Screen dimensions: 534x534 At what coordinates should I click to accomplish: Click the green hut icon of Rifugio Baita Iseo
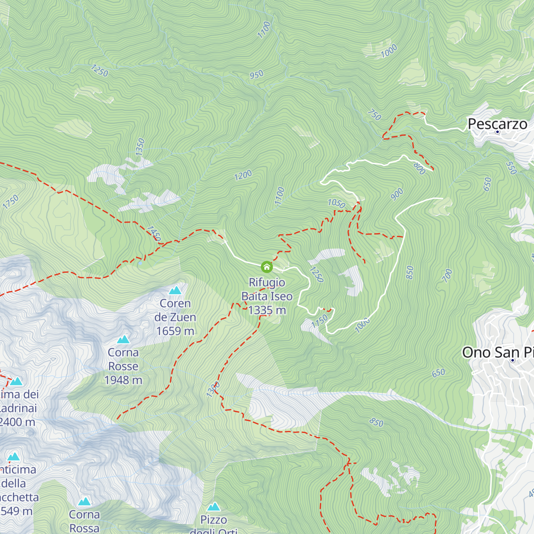click(x=267, y=267)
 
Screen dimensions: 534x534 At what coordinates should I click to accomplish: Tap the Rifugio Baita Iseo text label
click(x=267, y=296)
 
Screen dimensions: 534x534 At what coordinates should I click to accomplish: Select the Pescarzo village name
click(x=497, y=124)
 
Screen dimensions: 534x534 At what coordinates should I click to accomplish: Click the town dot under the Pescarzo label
click(x=498, y=132)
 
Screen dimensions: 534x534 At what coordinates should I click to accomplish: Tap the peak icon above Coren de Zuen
click(x=175, y=291)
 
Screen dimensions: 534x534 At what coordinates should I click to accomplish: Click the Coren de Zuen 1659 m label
click(x=175, y=317)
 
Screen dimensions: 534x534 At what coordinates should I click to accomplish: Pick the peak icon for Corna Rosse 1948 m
click(x=123, y=340)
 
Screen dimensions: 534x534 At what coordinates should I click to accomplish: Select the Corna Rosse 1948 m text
click(x=123, y=366)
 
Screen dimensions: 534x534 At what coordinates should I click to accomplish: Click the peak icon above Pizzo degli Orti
click(x=214, y=507)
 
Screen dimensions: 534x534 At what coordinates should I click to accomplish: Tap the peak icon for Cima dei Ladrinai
click(x=16, y=381)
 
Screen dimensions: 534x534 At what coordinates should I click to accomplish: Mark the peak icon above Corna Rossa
click(x=84, y=502)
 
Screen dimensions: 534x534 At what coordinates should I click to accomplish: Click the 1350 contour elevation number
click(x=140, y=147)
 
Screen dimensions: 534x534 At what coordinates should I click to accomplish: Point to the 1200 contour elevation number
click(x=243, y=175)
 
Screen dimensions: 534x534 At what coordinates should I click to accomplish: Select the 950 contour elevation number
click(x=256, y=74)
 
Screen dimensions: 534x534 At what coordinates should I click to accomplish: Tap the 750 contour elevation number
click(x=374, y=115)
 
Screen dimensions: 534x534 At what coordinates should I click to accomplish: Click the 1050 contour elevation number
click(x=336, y=203)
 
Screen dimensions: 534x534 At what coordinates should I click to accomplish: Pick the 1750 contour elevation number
click(x=11, y=202)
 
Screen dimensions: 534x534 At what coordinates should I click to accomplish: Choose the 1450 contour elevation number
click(x=154, y=233)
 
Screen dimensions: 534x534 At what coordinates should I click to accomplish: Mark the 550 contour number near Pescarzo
click(x=511, y=168)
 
